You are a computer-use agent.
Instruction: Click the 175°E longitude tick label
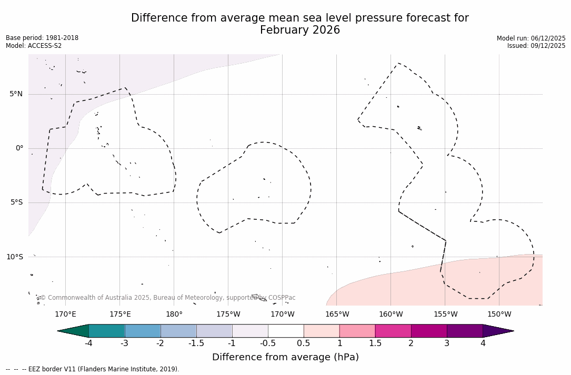pos(120,315)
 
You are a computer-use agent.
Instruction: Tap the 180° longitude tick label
pos(174,315)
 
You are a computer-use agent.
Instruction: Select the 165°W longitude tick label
pos(337,315)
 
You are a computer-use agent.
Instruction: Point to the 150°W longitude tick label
pos(499,315)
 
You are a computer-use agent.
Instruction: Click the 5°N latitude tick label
pos(16,94)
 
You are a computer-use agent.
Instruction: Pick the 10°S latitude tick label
pos(14,257)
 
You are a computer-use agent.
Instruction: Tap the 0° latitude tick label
pos(19,148)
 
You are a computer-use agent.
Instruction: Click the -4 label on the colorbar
pos(88,343)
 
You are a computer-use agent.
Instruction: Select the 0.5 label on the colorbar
pos(304,343)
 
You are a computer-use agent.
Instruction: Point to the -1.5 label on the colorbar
pos(196,343)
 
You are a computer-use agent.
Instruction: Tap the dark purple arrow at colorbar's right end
pos(497,331)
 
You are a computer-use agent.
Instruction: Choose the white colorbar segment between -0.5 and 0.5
pos(286,331)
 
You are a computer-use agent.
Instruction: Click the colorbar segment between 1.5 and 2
pos(393,331)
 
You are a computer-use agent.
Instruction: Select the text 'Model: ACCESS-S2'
pos(34,46)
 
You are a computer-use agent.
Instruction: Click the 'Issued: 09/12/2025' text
pos(536,46)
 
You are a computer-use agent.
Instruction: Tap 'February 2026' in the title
pos(300,31)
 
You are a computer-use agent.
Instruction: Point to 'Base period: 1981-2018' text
pos(42,38)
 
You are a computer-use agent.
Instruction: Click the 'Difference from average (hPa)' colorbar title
pos(285,357)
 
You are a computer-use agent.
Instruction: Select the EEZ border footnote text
pos(93,369)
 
